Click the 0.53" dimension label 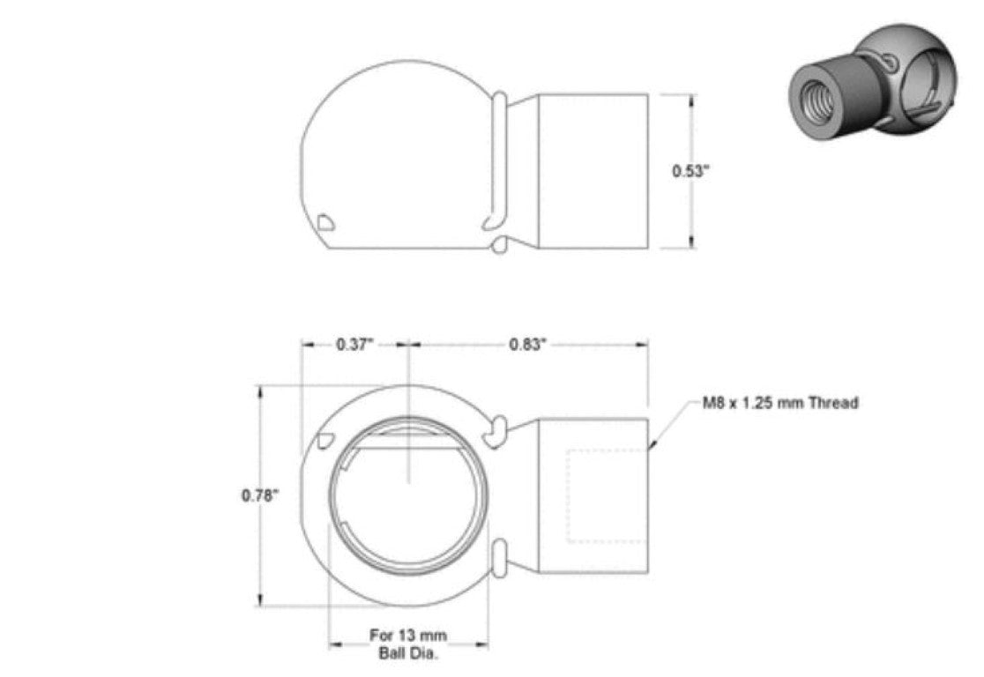coord(691,171)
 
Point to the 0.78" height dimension coord(260,495)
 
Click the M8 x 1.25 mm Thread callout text coord(779,403)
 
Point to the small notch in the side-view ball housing coord(325,221)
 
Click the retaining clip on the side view coord(497,159)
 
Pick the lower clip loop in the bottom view coord(496,559)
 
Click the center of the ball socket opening coord(407,495)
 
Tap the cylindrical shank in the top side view coord(593,171)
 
